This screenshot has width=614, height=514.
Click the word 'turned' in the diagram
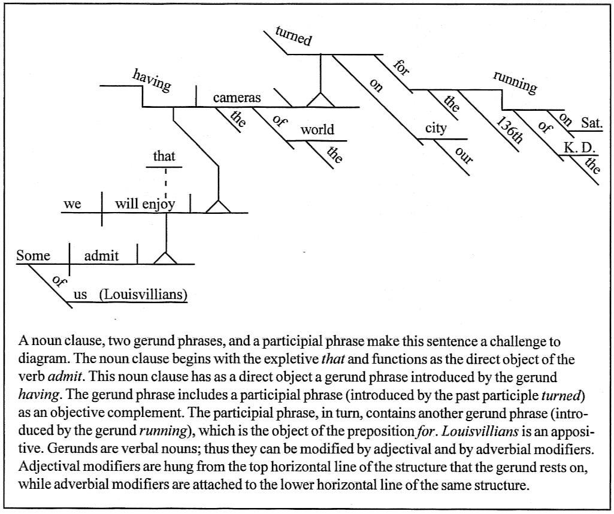pos(294,37)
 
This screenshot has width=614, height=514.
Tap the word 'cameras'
pos(237,98)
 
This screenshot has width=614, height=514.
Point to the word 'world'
pos(317,129)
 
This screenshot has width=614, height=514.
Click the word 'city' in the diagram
pos(436,128)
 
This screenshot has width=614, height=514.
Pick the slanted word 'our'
pos(464,155)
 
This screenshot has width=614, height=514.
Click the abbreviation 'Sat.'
pos(591,123)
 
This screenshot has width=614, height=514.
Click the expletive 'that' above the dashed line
pos(164,156)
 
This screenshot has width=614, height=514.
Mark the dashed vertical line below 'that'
pos(165,181)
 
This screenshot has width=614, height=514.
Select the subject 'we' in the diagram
pos(72,204)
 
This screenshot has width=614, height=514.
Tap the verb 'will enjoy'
pos(145,204)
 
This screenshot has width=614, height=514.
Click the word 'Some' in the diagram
pos(33,256)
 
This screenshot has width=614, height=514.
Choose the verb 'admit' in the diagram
pos(101,256)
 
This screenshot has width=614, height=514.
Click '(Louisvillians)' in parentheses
pos(143,294)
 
